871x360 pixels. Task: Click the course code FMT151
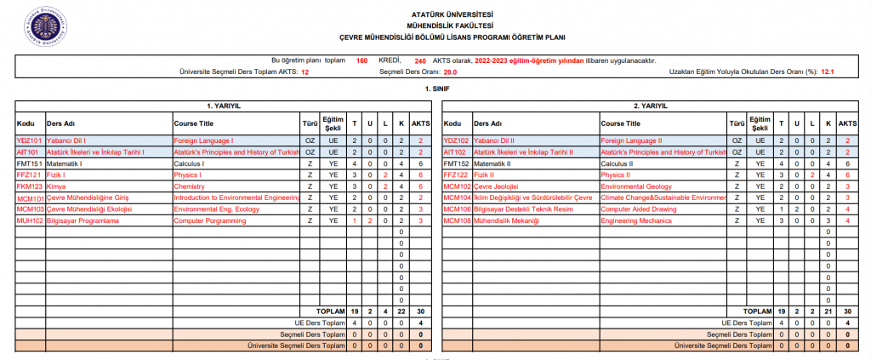click(x=30, y=163)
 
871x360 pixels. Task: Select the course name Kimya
click(x=55, y=186)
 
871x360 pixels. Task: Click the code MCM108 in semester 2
click(x=458, y=220)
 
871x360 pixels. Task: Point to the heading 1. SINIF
click(x=435, y=89)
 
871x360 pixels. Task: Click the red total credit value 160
click(x=361, y=61)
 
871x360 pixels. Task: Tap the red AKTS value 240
click(x=420, y=61)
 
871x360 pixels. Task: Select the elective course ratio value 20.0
click(x=438, y=72)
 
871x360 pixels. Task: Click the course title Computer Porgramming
click(x=208, y=220)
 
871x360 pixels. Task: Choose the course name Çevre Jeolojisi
click(x=496, y=186)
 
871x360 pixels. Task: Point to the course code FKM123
click(x=30, y=186)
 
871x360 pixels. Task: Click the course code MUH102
click(x=30, y=220)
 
